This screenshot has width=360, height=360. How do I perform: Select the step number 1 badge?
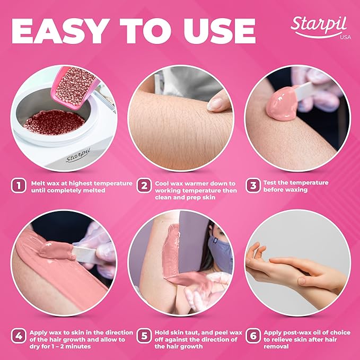(x=19, y=186)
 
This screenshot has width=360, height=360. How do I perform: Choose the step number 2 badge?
(x=143, y=186)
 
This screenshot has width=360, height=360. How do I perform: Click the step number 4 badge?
(x=19, y=336)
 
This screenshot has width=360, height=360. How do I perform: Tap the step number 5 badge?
(x=143, y=336)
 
